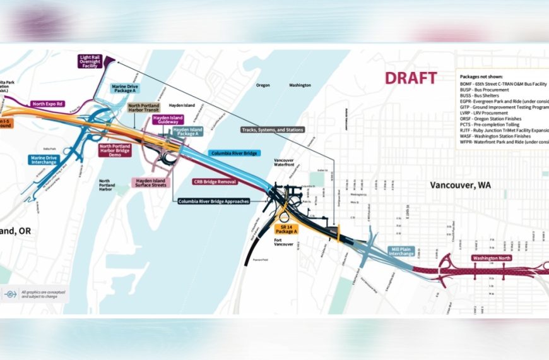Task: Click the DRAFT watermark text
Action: tap(411, 78)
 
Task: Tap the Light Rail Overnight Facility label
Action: tap(90, 61)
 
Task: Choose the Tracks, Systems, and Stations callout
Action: tap(273, 130)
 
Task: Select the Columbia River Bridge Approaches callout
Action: tap(214, 201)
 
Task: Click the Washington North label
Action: tap(492, 258)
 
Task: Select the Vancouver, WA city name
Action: tap(460, 185)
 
